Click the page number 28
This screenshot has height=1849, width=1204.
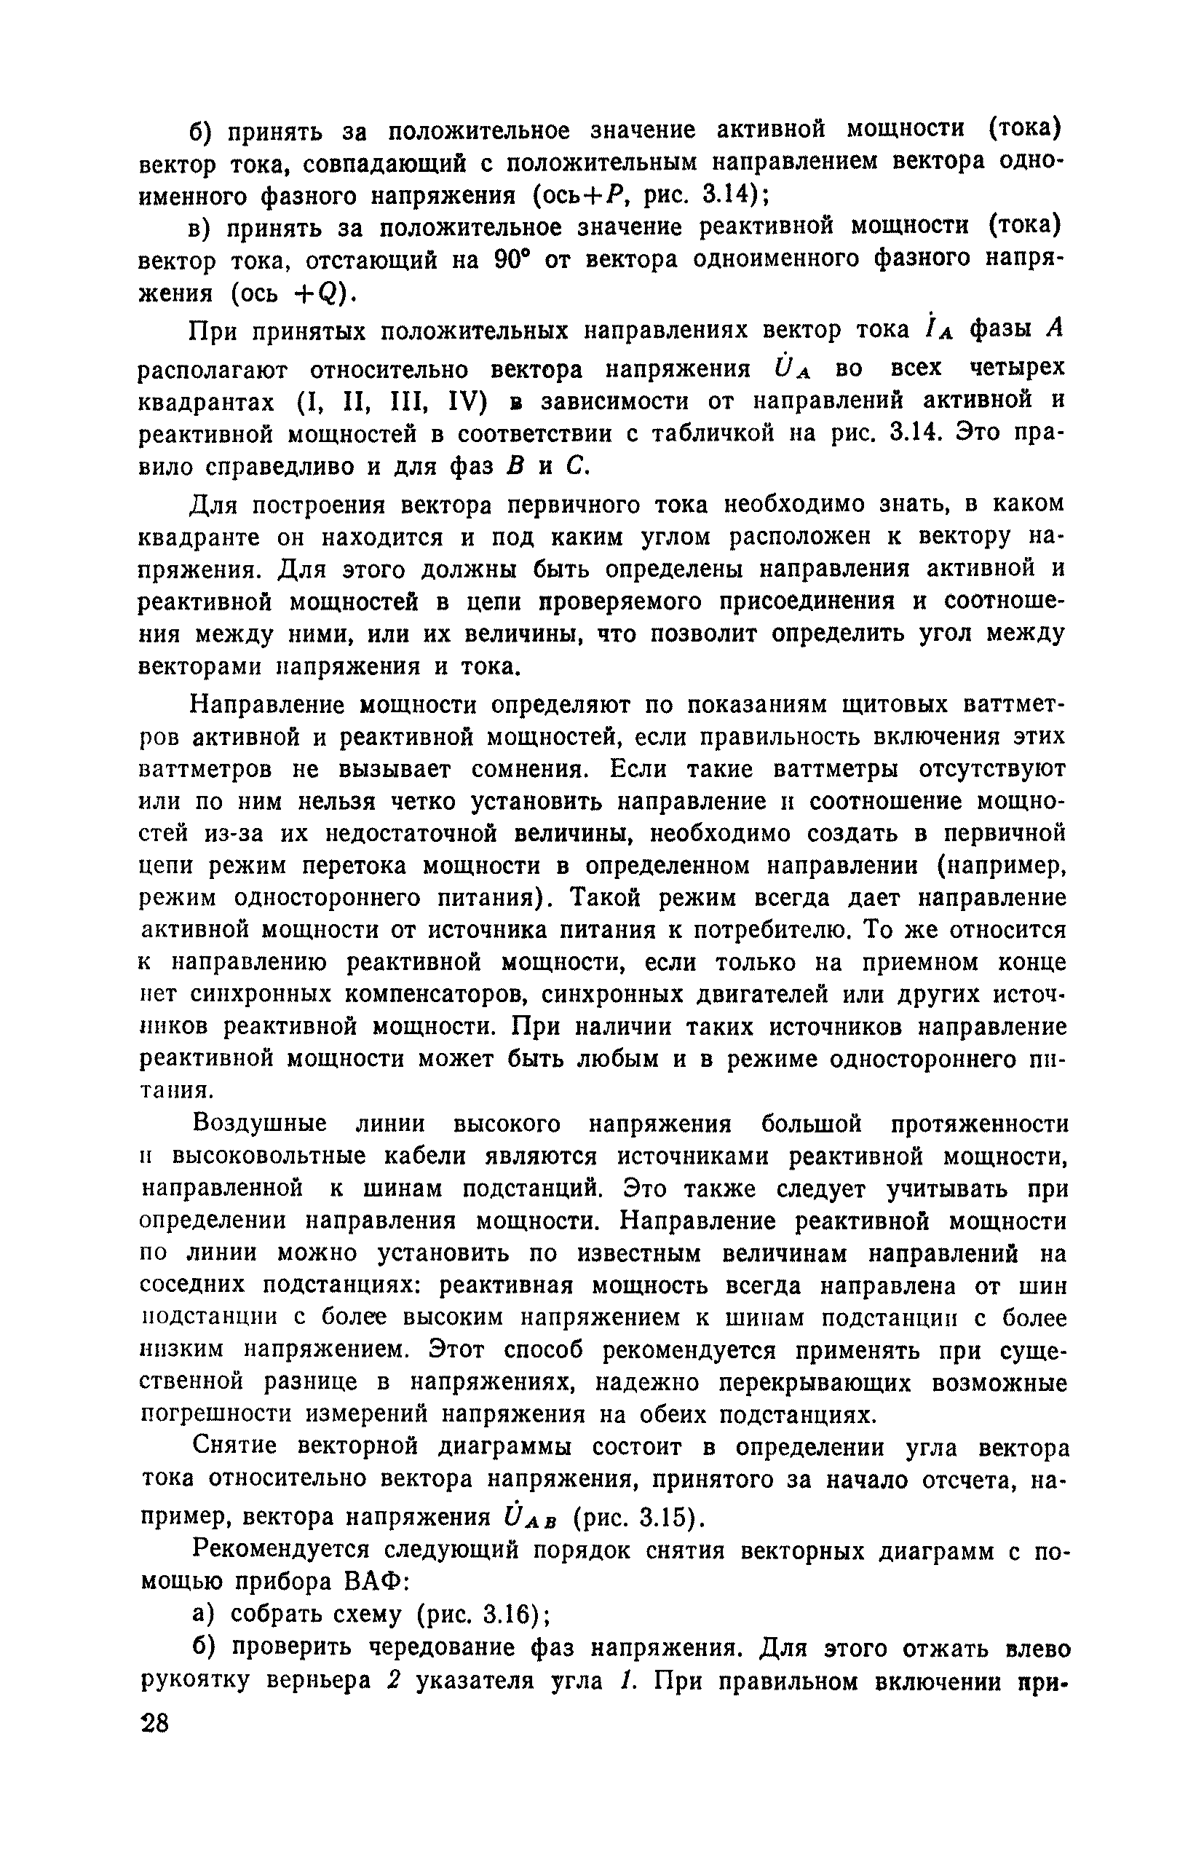(x=154, y=1724)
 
